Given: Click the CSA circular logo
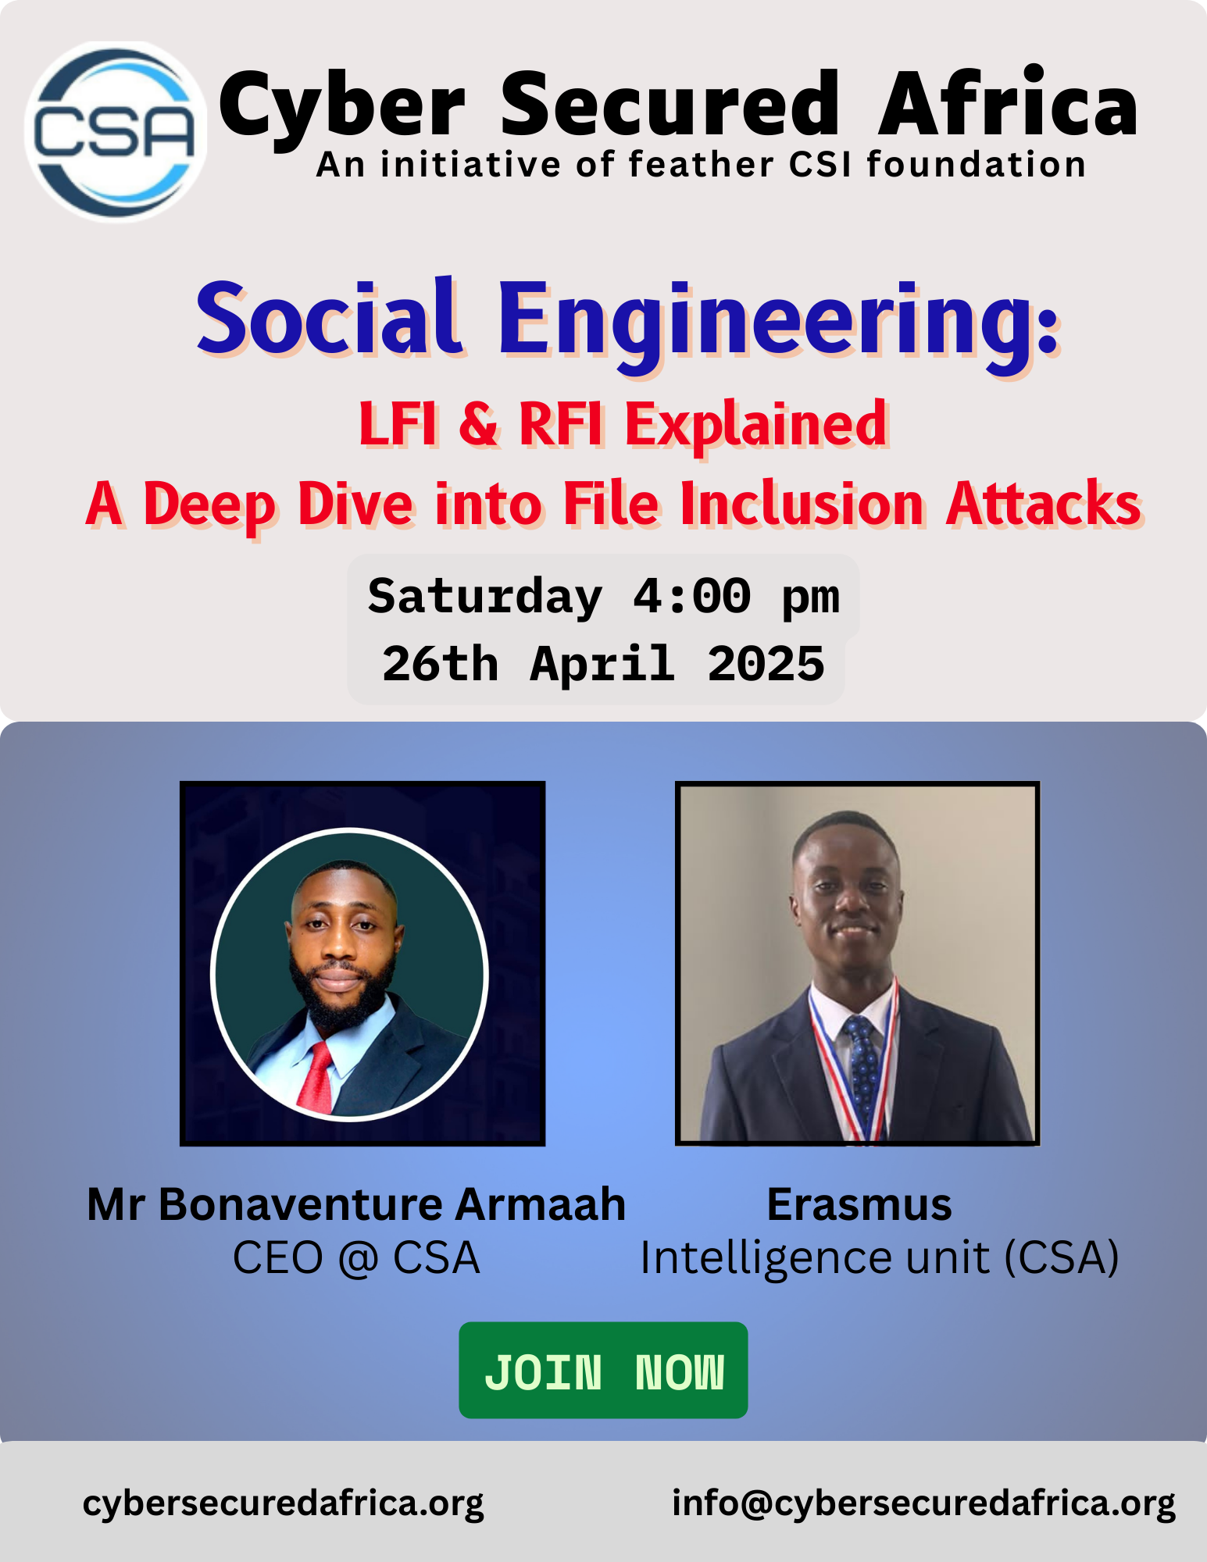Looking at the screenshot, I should coord(116,131).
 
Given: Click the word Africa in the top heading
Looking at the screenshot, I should coord(1008,105).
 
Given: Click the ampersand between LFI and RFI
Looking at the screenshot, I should coord(478,424).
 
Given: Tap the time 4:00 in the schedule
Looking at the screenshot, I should coord(691,597).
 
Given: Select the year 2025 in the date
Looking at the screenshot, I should coord(766,665).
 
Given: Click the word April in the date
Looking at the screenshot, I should coord(602,665).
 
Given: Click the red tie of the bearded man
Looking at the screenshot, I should coord(317,1078).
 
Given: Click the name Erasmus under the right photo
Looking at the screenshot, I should coord(859,1205).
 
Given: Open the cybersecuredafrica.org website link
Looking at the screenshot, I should coord(283,1503).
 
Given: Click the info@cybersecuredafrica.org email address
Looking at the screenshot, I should coord(923,1503).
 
